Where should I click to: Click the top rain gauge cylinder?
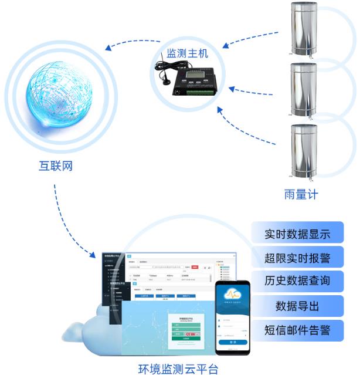click(304, 29)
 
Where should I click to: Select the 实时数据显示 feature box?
click(297, 233)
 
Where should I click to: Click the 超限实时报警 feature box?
click(297, 257)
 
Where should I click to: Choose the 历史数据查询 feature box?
click(297, 281)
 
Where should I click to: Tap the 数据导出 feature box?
click(297, 306)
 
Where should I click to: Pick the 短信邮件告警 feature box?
click(297, 330)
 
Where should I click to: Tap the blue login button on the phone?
click(233, 342)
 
